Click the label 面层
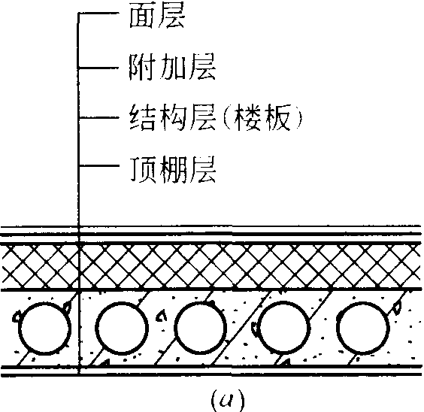pyautogui.click(x=157, y=15)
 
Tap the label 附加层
pyautogui.click(x=172, y=67)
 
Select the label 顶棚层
pyautogui.click(x=173, y=169)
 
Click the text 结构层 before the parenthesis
pyautogui.click(x=173, y=118)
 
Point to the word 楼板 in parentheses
pyautogui.click(x=262, y=118)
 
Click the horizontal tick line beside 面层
pyautogui.click(x=98, y=13)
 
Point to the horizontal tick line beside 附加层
pyautogui.click(x=98, y=68)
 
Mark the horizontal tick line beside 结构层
pyautogui.click(x=99, y=117)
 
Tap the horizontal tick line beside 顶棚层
pyautogui.click(x=99, y=165)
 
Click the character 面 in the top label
pyautogui.click(x=142, y=16)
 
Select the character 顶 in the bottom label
pyautogui.click(x=143, y=169)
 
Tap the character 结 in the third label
pyautogui.click(x=143, y=118)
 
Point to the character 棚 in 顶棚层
pyautogui.click(x=173, y=170)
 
